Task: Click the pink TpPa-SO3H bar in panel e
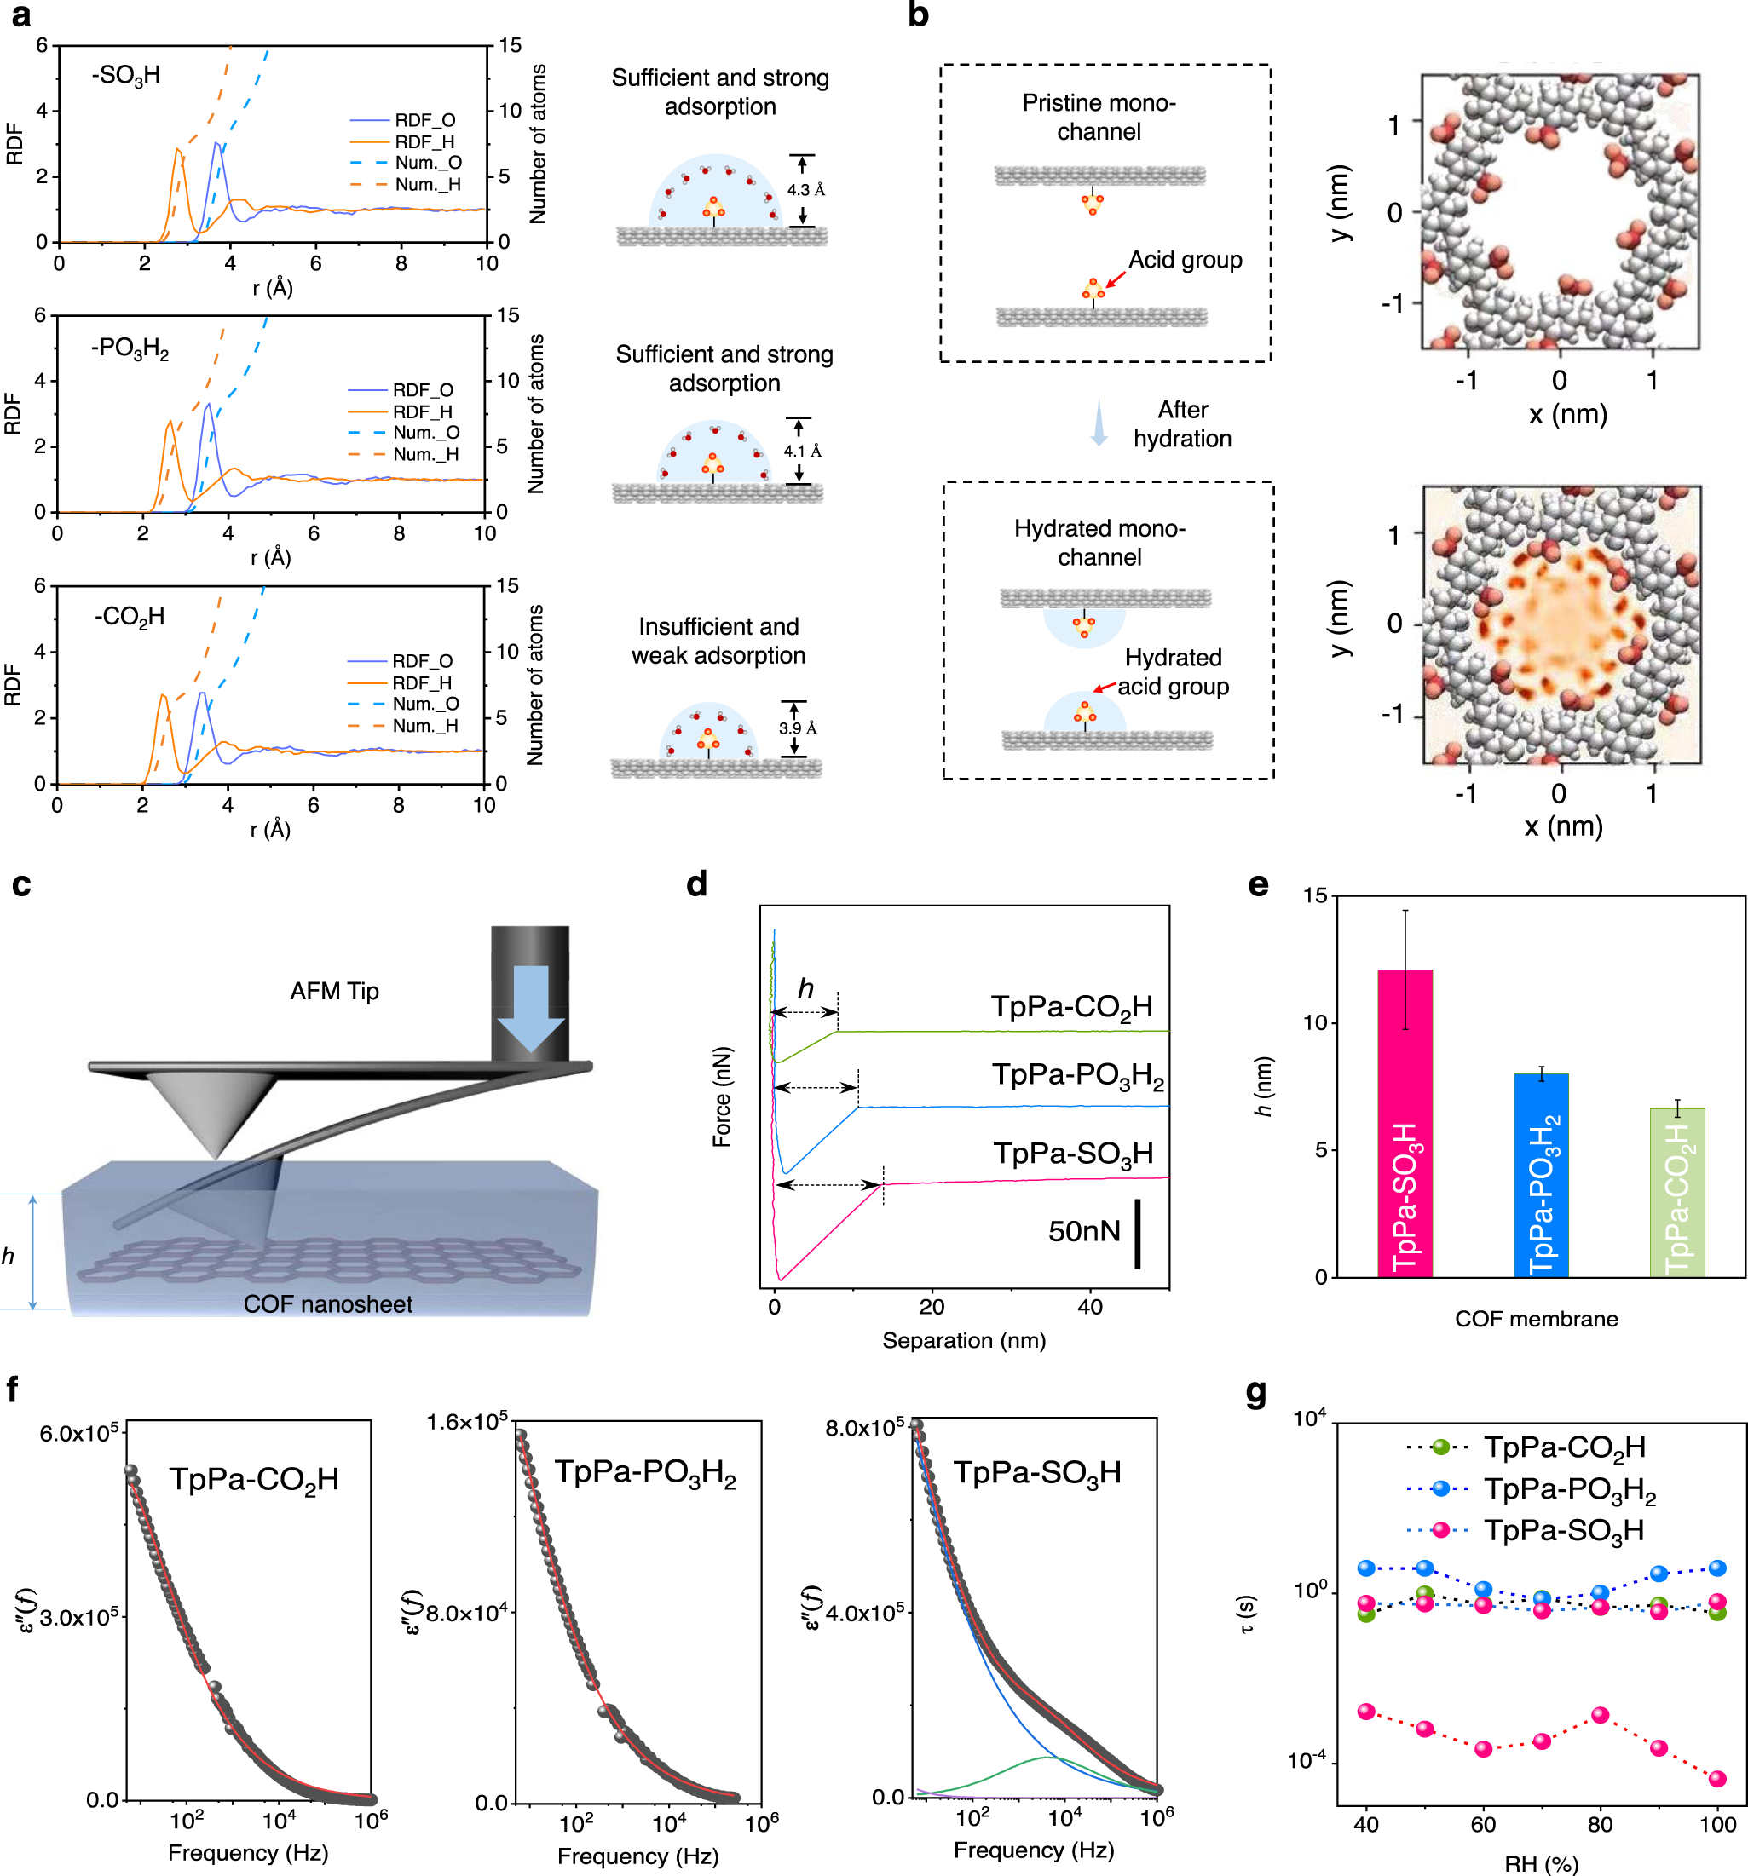(x=1404, y=1123)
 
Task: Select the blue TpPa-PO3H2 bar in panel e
(x=1539, y=1175)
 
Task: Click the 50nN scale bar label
(x=1083, y=1230)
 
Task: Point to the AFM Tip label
(x=334, y=991)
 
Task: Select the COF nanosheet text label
(x=327, y=1304)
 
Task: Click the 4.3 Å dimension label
(x=805, y=190)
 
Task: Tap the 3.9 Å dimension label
(x=797, y=728)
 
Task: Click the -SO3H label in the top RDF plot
(x=125, y=76)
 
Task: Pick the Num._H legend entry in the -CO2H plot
(x=424, y=726)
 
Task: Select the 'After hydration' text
(x=1182, y=423)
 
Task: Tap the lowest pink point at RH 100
(x=1716, y=1778)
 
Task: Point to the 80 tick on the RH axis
(x=1599, y=1824)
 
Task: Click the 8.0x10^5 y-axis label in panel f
(x=863, y=1428)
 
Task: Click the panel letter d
(x=696, y=883)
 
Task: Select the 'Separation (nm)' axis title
(x=963, y=1340)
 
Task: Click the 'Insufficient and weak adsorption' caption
(x=718, y=641)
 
